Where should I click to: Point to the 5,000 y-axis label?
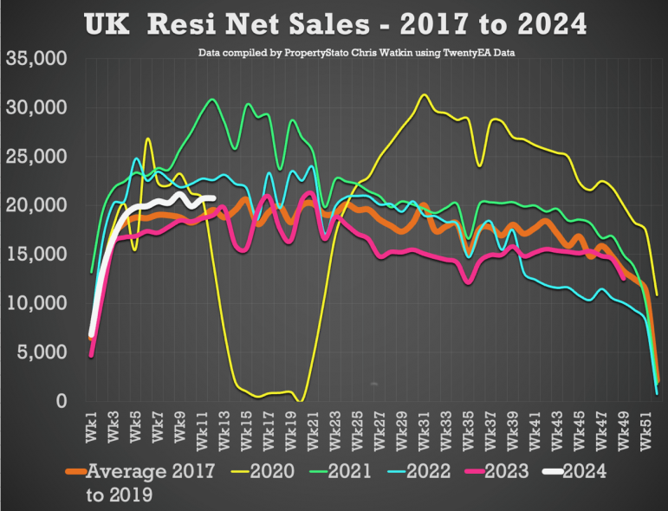pyautogui.click(x=42, y=353)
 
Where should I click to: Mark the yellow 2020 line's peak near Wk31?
pyautogui.click(x=424, y=95)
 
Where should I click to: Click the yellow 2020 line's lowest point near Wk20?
pyautogui.click(x=300, y=400)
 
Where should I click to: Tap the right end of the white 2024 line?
pyautogui.click(x=212, y=198)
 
